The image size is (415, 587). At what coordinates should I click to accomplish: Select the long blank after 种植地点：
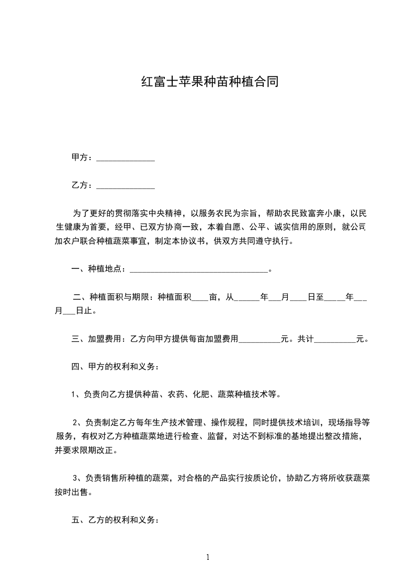198,271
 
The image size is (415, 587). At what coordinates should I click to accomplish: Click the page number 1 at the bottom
208,557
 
